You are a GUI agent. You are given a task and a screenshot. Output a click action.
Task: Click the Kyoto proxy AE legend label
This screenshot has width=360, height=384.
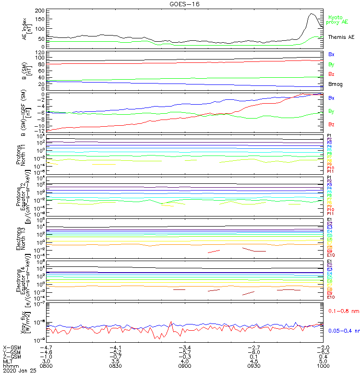(x=338, y=20)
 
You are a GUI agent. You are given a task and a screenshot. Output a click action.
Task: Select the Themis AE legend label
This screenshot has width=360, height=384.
(x=341, y=37)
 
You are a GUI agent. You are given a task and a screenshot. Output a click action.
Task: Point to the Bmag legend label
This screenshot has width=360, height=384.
(x=335, y=84)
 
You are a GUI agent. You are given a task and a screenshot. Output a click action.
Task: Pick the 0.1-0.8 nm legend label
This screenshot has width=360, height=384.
(x=343, y=312)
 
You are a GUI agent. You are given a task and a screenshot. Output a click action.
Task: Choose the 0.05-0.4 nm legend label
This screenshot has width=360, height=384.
(x=343, y=331)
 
